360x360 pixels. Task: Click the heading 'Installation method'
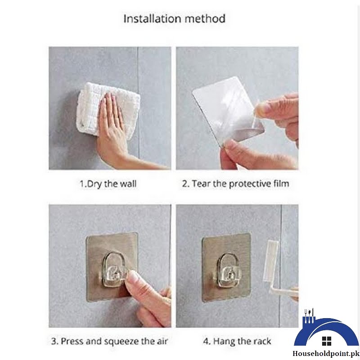pyautogui.click(x=175, y=19)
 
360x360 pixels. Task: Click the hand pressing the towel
pyautogui.click(x=112, y=130)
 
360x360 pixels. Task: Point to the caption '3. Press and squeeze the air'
pyautogui.click(x=109, y=341)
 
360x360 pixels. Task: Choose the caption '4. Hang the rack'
pyautogui.click(x=236, y=341)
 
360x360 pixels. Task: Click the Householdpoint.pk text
pyautogui.click(x=327, y=354)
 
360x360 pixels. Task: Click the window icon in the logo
pyautogui.click(x=327, y=341)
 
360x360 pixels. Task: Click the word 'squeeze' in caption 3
pyautogui.click(x=121, y=341)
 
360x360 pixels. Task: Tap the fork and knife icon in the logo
pyautogui.click(x=309, y=314)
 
